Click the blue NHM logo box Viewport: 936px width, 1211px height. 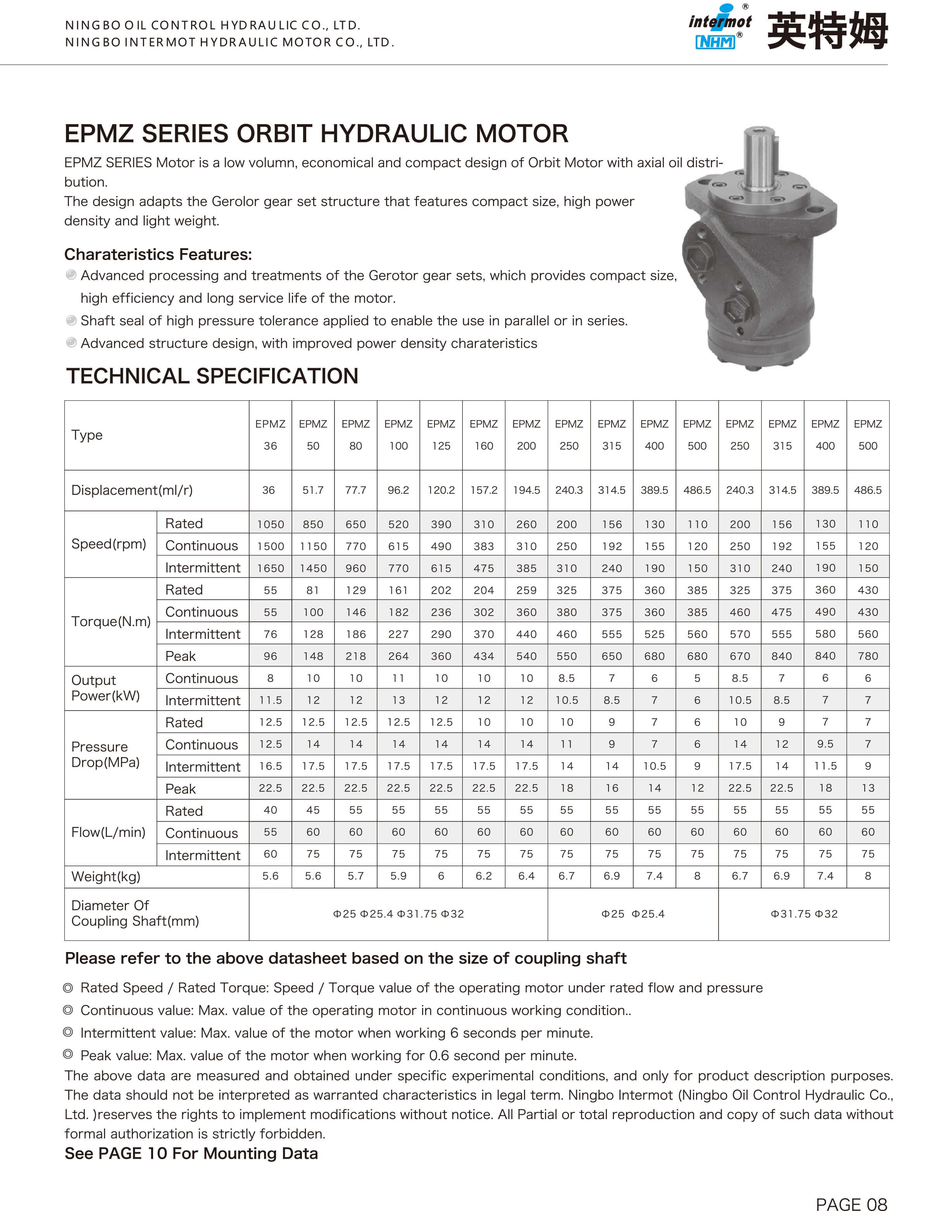click(715, 41)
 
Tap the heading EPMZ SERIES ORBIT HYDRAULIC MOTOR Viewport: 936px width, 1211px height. click(316, 134)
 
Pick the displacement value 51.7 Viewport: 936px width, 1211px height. click(313, 490)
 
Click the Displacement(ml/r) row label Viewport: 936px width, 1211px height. click(132, 490)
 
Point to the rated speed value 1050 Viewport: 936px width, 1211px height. click(270, 524)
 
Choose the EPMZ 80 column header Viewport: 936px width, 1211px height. click(355, 435)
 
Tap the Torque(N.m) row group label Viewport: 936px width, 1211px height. click(111, 621)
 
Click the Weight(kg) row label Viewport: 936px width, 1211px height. click(106, 876)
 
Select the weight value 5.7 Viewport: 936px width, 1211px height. click(355, 876)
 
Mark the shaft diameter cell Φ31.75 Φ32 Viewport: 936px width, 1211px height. click(804, 914)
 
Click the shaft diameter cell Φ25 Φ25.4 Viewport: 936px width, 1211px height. click(633, 914)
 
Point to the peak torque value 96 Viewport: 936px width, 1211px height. click(270, 656)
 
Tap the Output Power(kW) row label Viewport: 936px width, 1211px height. click(105, 688)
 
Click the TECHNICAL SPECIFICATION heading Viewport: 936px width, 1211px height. click(212, 376)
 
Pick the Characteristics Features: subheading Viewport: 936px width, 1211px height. click(158, 255)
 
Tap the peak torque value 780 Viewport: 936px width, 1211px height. click(868, 656)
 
